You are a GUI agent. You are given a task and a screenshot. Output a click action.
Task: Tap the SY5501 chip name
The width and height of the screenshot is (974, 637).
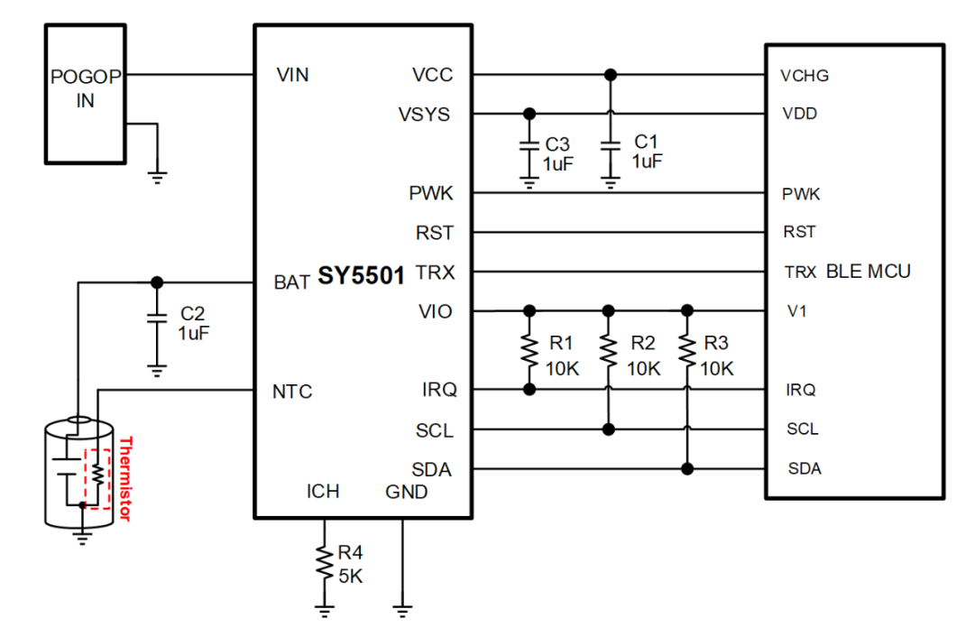pos(361,277)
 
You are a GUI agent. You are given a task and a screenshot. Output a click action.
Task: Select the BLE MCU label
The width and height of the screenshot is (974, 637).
pos(868,271)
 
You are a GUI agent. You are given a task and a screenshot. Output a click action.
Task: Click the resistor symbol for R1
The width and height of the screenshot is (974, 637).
pos(529,351)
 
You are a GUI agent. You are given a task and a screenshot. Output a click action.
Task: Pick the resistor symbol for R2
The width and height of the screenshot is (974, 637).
pos(609,351)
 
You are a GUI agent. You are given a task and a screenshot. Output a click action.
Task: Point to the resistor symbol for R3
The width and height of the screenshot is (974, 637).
pos(687,351)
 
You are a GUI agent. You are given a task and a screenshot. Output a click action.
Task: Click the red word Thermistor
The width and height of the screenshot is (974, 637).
pos(125,479)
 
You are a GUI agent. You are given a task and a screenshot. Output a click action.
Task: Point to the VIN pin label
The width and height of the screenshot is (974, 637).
pos(293,76)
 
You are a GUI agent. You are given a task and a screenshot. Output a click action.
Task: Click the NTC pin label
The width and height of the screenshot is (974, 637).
pos(292,392)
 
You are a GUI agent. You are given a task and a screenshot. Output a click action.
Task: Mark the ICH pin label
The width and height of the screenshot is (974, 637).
pos(323,492)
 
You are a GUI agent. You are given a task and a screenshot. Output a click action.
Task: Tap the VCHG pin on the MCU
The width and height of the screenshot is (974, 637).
pos(804,76)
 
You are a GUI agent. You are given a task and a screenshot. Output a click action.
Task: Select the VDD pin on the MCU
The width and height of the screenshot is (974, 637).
pos(800,115)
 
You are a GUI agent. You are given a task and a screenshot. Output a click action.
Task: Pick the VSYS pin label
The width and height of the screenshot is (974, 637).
pos(425,115)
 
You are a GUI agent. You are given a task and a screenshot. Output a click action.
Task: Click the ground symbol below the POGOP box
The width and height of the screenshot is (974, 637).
pos(158,177)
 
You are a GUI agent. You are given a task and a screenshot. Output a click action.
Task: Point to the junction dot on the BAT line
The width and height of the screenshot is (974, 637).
pos(157,282)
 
